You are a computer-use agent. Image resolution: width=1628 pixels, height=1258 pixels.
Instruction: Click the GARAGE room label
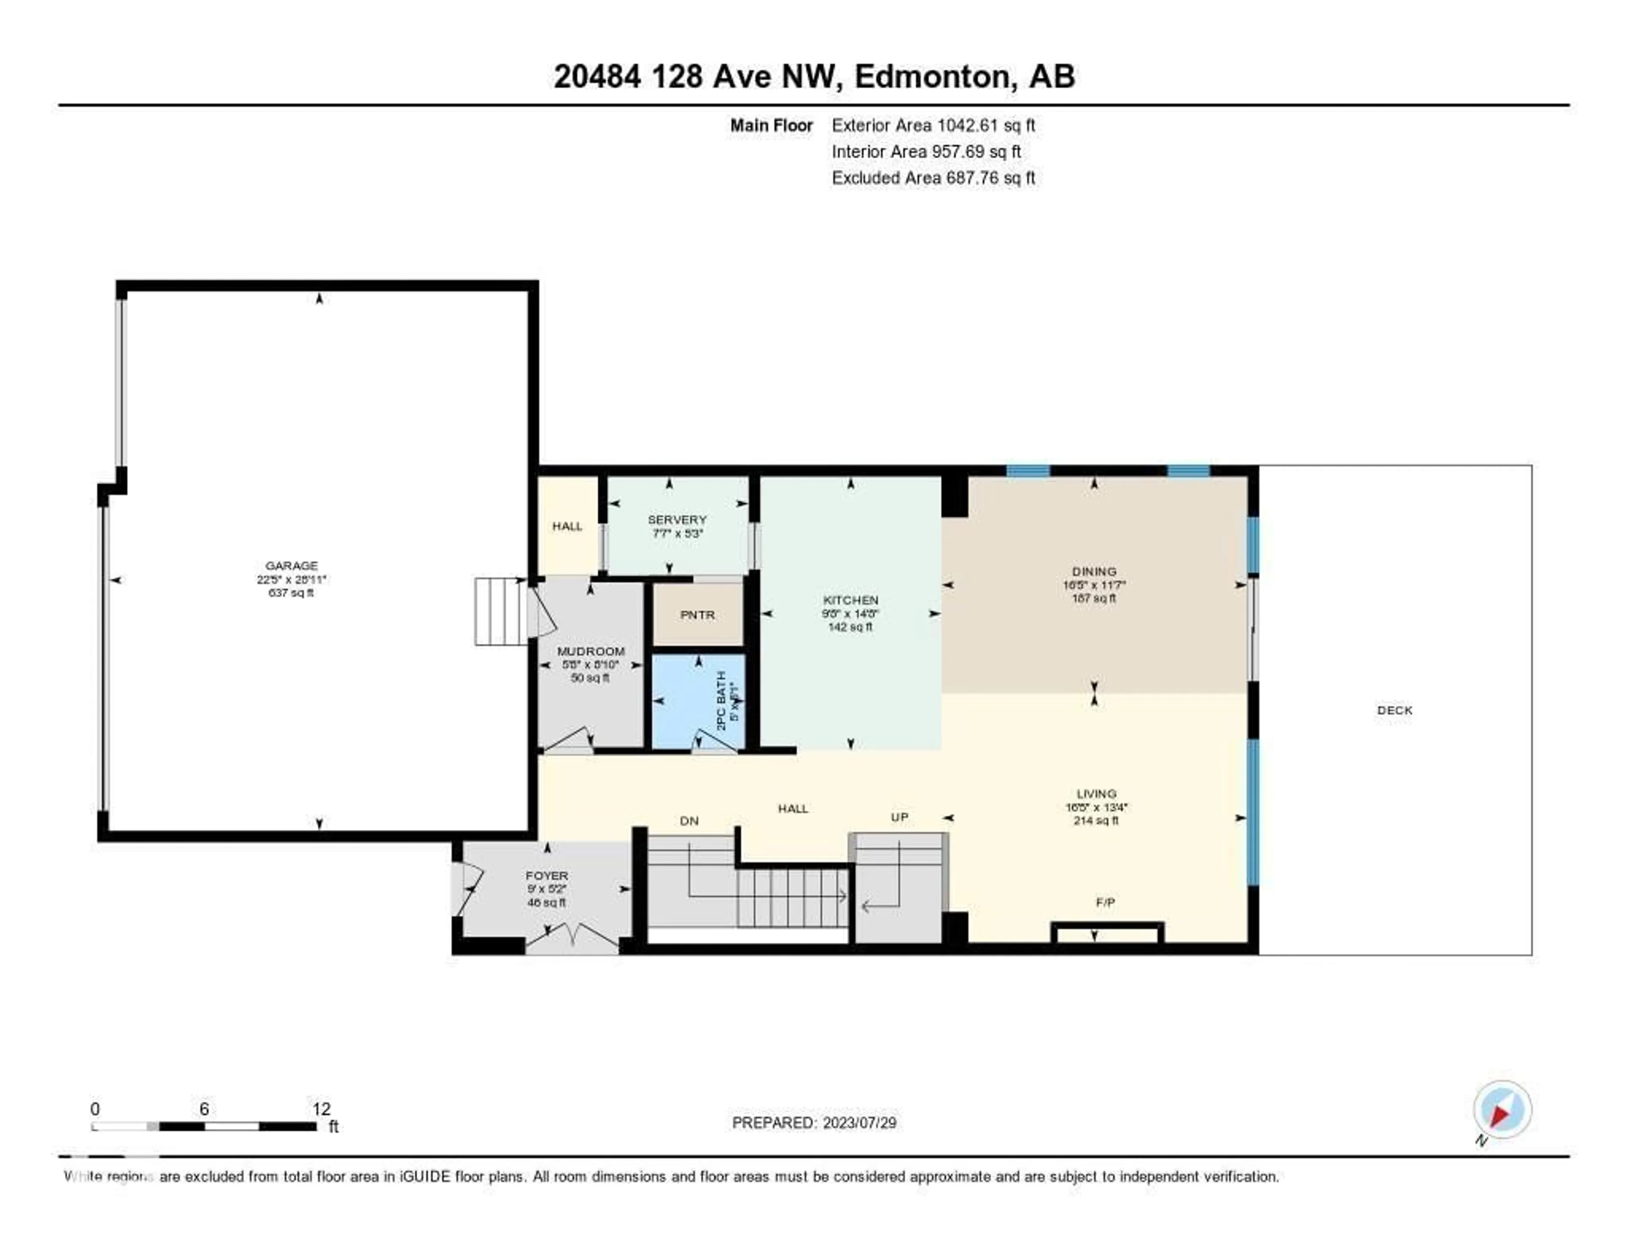[291, 565]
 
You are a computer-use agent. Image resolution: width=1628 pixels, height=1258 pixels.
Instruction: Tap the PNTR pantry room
[698, 615]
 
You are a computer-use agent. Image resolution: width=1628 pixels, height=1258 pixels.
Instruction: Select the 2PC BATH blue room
[698, 702]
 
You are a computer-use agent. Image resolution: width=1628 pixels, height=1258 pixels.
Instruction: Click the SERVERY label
[677, 520]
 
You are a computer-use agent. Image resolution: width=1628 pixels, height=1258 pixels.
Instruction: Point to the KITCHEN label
[850, 600]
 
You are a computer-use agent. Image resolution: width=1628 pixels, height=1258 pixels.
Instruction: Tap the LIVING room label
[1096, 794]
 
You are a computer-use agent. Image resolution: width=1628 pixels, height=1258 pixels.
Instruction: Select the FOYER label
[546, 875]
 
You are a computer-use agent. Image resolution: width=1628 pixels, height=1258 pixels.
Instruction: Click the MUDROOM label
[591, 651]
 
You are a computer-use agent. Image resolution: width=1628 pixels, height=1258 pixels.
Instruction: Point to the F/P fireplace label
[1105, 902]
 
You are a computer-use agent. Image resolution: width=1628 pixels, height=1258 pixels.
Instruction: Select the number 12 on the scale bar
[321, 1109]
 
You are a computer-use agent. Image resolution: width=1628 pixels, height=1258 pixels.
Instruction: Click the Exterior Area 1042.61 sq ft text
[933, 125]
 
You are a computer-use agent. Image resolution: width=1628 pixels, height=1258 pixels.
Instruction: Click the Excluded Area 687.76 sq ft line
[933, 177]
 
